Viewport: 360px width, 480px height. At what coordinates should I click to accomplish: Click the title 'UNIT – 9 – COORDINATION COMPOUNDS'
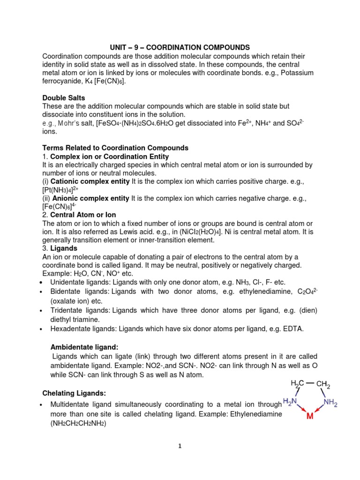click(180, 47)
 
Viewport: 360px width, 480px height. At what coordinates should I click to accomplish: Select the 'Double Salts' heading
click(64, 98)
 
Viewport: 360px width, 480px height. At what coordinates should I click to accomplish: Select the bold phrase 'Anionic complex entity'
click(90, 198)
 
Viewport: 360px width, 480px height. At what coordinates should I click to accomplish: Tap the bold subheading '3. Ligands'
click(60, 248)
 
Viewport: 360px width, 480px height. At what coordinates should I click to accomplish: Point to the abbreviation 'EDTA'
click(293, 329)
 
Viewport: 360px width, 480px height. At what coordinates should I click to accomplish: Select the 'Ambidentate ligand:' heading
click(84, 347)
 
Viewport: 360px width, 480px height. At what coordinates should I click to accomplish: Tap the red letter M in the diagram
click(310, 416)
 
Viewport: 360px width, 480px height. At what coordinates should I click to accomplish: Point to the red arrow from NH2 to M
click(320, 410)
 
